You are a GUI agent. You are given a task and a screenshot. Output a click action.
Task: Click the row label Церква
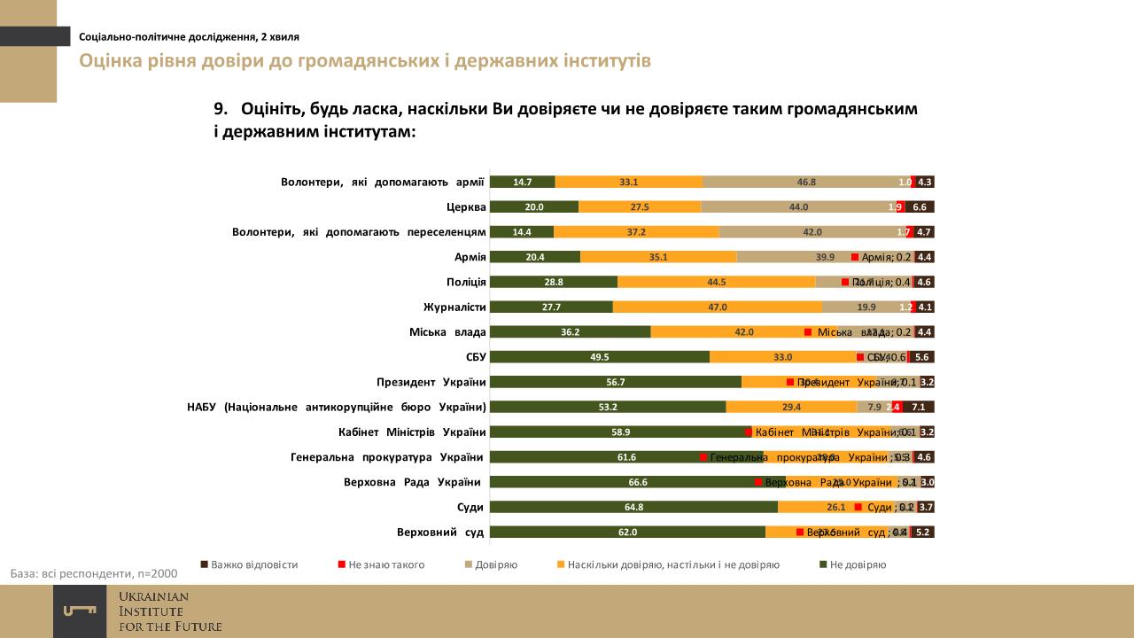pos(466,207)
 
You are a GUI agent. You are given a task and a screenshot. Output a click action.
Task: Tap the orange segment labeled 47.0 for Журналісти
pos(717,307)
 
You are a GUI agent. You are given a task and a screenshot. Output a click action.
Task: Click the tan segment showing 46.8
pos(805,182)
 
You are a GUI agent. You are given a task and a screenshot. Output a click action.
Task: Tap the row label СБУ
pos(475,357)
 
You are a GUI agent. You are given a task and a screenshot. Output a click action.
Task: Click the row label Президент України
pos(431,383)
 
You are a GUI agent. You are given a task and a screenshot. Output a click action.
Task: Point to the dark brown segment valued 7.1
pos(919,408)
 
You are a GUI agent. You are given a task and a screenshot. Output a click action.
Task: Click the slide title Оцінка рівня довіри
pos(365,61)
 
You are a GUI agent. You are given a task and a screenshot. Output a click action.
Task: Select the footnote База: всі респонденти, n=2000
pos(94,573)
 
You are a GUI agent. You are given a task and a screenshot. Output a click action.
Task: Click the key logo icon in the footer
pos(80,611)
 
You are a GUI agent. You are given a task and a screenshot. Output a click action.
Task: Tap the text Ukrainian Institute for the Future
pos(170,611)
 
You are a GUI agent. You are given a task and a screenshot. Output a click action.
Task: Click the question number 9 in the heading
pos(221,109)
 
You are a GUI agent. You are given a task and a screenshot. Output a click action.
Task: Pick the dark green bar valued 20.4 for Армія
pos(534,257)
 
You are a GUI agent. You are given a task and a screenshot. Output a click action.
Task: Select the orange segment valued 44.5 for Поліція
pos(716,282)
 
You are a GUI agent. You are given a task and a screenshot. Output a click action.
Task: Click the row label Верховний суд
pos(439,533)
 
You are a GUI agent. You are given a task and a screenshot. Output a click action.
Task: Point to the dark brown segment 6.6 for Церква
pos(920,206)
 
